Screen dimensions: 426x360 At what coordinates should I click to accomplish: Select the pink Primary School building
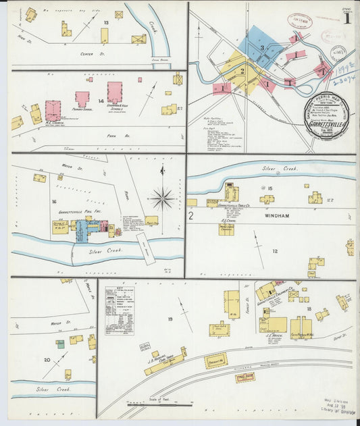(x=82, y=99)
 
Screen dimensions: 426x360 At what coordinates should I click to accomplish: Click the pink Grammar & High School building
(x=115, y=92)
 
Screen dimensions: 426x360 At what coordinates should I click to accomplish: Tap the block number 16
(x=53, y=201)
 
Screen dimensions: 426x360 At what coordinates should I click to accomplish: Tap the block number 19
(x=170, y=318)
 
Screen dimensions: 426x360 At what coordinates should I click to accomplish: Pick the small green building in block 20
(x=60, y=344)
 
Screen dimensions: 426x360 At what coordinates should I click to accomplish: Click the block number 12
(x=275, y=251)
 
